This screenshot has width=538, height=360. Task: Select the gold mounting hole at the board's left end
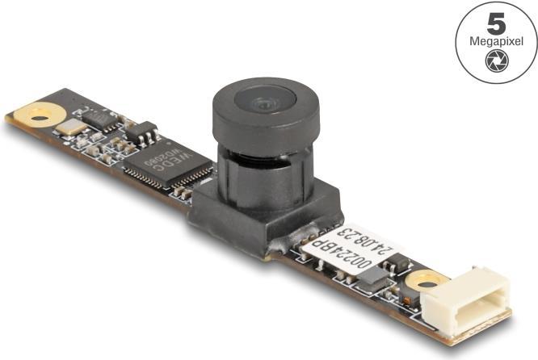click(36, 115)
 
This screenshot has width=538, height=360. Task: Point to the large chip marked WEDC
click(166, 164)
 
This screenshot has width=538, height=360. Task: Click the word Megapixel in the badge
click(496, 41)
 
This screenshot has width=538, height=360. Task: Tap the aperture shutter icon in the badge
click(496, 61)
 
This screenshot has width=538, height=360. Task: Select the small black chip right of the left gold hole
click(100, 118)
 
